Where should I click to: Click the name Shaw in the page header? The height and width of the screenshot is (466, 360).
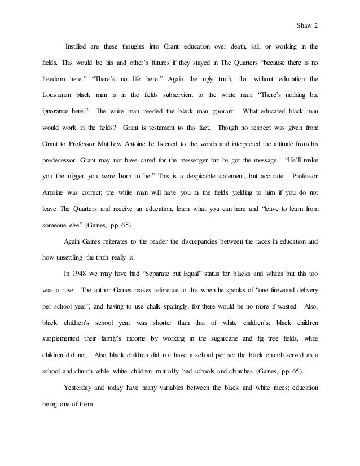[303, 24]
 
